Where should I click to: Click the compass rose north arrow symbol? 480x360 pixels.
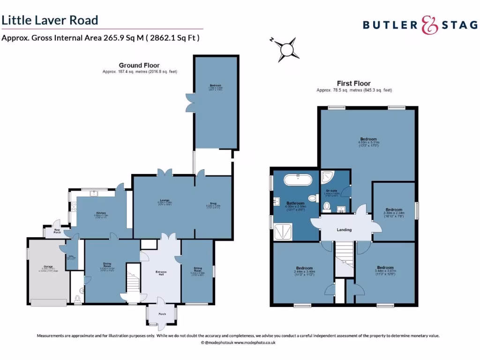click(x=285, y=48)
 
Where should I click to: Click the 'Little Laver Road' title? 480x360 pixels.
click(x=50, y=20)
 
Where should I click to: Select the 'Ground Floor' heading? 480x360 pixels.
click(x=139, y=66)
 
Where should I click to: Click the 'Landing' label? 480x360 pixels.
click(x=345, y=230)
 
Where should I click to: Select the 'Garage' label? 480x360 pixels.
click(x=47, y=268)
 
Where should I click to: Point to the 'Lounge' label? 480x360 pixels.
click(x=164, y=200)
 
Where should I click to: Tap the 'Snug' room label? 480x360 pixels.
click(x=213, y=203)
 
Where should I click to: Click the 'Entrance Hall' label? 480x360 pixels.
click(x=161, y=273)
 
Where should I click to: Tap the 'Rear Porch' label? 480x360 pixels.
click(x=57, y=231)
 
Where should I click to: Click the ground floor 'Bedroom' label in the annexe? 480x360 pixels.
click(x=215, y=85)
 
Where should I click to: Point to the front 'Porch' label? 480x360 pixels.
click(x=162, y=314)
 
